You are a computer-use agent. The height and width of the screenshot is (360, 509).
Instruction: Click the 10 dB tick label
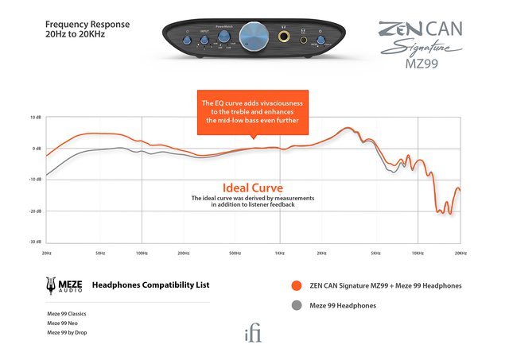coord(36,118)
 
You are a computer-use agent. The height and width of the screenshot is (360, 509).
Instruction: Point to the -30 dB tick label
coord(35,242)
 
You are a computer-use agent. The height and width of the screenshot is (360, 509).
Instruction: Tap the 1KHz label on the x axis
coord(280,253)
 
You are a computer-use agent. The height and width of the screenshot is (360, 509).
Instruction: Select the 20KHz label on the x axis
coord(460,253)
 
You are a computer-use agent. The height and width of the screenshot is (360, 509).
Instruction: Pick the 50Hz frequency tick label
coord(100,253)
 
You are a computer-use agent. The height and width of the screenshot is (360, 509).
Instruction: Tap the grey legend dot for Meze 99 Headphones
coord(296,305)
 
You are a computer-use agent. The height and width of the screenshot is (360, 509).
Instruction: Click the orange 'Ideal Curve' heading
coord(252,188)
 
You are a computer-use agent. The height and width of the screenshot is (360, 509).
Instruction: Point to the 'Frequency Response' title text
coord(87,25)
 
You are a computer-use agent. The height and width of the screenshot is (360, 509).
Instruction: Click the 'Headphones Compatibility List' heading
coord(151,285)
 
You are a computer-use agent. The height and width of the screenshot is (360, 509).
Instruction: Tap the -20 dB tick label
coord(35,211)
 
